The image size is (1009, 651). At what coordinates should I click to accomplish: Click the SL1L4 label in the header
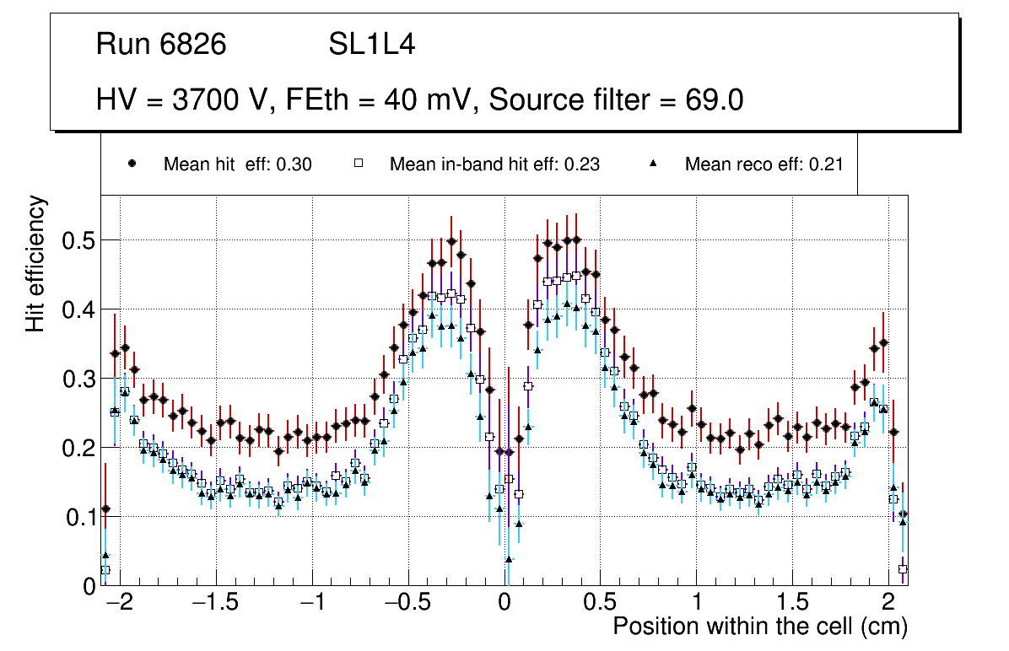[372, 45]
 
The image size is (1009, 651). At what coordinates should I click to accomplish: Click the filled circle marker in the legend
[132, 164]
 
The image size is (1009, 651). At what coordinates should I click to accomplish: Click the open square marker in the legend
[358, 164]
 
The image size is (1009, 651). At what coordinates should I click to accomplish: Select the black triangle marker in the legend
[653, 164]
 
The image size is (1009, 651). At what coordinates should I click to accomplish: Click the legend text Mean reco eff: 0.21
[763, 164]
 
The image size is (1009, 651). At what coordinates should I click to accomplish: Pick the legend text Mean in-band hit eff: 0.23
[494, 164]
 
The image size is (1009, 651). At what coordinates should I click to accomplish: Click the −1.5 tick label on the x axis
[217, 603]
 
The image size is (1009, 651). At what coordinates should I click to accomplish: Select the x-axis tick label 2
[888, 603]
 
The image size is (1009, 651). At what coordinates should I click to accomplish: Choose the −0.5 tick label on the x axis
[408, 603]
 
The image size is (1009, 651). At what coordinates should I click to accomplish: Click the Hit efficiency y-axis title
[36, 263]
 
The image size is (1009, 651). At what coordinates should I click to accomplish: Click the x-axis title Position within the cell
[759, 627]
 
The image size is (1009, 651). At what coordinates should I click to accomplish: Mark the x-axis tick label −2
[121, 603]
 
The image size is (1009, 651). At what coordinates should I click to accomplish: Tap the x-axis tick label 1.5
[792, 603]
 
